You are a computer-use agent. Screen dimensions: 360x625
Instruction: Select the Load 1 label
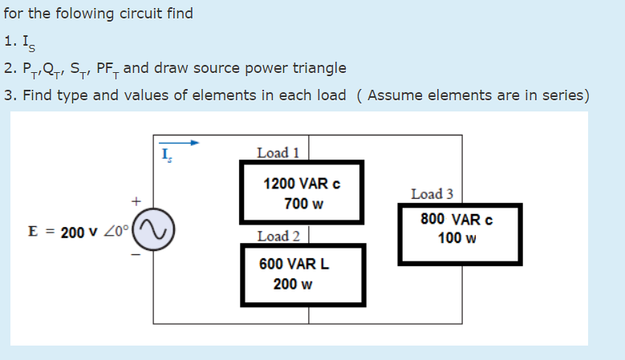(278, 152)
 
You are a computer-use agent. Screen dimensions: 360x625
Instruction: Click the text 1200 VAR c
(302, 183)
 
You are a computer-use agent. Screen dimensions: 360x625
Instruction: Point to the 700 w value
(303, 204)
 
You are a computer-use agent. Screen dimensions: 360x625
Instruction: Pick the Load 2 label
(278, 236)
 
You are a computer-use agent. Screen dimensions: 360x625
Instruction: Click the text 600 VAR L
(294, 264)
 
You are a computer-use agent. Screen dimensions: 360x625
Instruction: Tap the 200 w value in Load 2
(293, 284)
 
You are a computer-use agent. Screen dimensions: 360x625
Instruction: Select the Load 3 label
(432, 194)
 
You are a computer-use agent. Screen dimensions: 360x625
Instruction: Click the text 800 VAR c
(456, 219)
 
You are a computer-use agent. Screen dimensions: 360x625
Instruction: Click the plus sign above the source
(136, 200)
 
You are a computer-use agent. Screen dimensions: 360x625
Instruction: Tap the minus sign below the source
(136, 257)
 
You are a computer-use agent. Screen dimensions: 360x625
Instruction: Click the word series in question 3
(564, 95)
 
